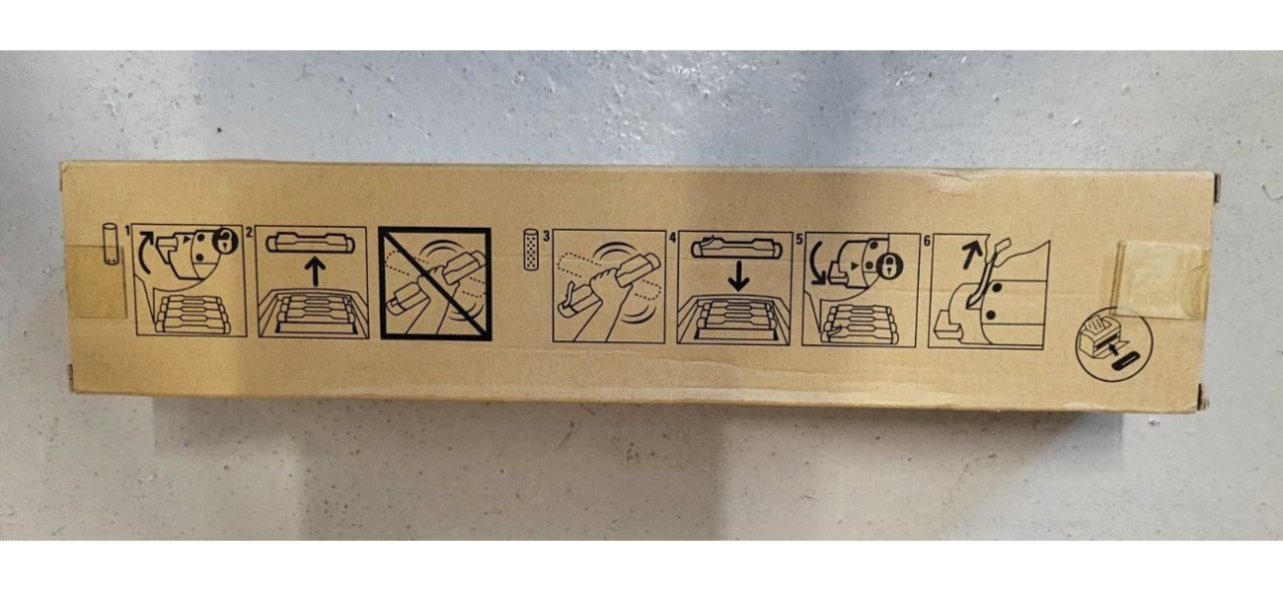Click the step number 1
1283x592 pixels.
point(127,231)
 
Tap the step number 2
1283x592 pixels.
point(249,232)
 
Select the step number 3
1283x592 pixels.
point(547,235)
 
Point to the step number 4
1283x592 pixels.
point(672,236)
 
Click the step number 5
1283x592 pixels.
point(797,237)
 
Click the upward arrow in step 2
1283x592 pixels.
point(314,271)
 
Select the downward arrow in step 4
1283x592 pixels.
point(738,276)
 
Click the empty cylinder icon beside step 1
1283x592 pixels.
point(109,244)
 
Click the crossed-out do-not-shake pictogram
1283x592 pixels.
point(434,284)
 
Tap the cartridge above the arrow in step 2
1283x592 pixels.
point(311,244)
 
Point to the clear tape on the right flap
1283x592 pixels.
point(1163,279)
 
